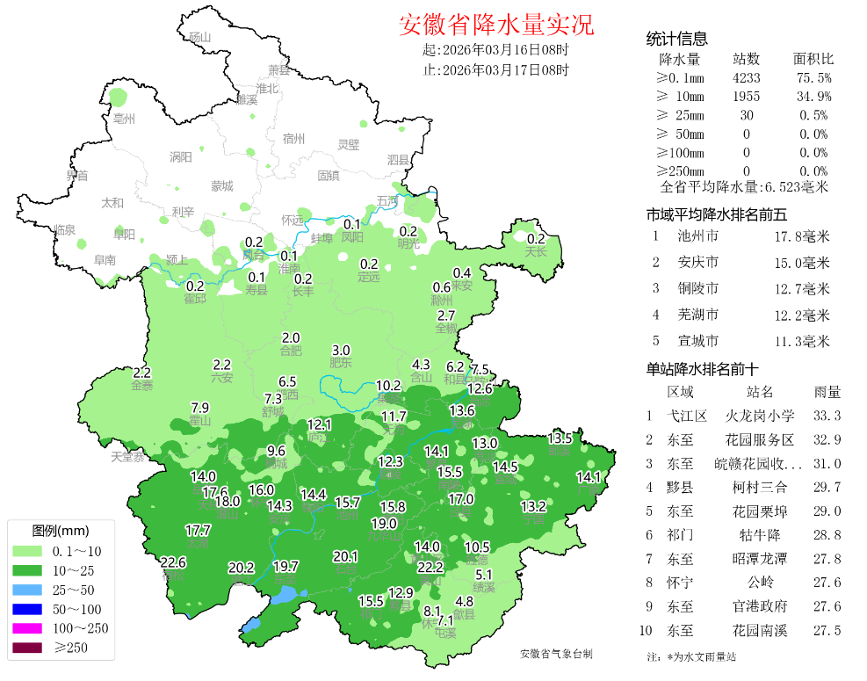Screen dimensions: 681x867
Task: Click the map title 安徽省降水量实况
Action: (497, 24)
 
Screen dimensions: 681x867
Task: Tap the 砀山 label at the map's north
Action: (200, 37)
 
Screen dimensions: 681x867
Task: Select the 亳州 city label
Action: (125, 119)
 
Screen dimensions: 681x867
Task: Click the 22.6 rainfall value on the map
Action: (173, 562)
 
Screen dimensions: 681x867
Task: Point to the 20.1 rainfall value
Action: (345, 556)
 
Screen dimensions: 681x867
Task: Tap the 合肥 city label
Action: (291, 351)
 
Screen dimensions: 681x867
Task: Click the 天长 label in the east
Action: (536, 252)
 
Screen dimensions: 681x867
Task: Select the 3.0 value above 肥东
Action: (341, 350)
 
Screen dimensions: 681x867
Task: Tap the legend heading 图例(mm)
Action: (61, 531)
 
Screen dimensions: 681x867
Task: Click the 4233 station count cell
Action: (746, 78)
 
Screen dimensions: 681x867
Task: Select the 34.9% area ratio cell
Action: (813, 97)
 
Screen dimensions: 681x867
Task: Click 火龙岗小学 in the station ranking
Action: (760, 416)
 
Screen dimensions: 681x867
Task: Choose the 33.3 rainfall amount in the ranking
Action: (827, 416)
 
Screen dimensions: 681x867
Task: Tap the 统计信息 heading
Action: (676, 39)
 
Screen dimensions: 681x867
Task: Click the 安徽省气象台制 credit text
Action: (556, 654)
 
